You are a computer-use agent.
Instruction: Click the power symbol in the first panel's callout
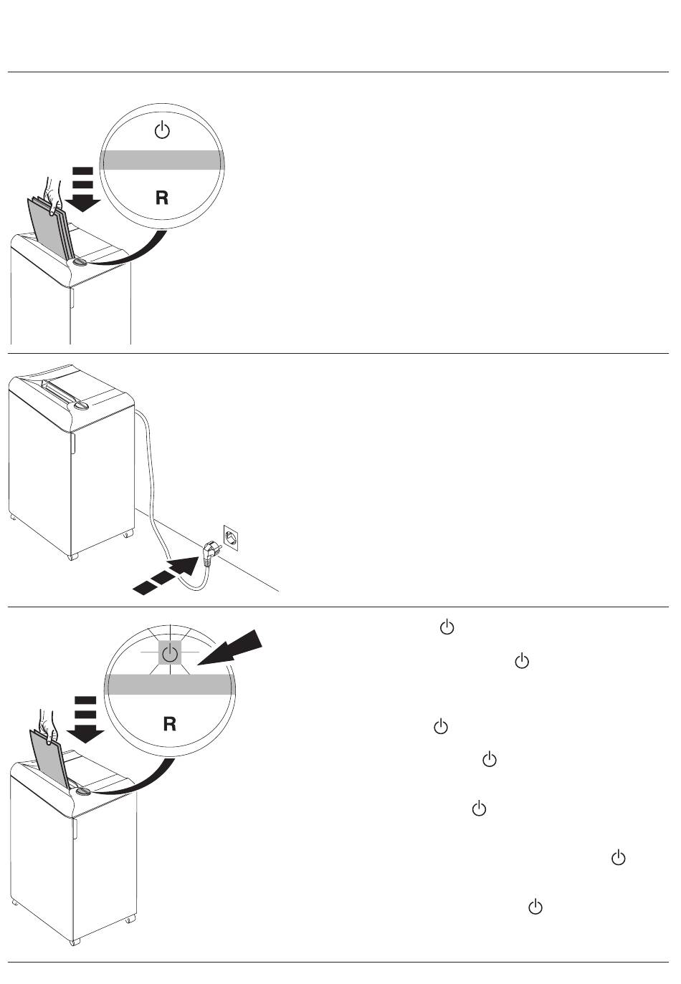(x=163, y=131)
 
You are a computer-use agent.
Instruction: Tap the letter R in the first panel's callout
(x=162, y=198)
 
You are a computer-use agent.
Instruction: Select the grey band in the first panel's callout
(x=162, y=160)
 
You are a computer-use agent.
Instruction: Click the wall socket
(x=232, y=536)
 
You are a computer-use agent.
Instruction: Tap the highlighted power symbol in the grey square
(x=169, y=654)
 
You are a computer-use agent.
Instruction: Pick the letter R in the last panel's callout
(x=170, y=724)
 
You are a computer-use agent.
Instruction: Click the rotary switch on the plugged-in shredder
(x=82, y=405)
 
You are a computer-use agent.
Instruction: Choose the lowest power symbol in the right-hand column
(x=535, y=907)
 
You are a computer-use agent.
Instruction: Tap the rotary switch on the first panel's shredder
(x=78, y=263)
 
